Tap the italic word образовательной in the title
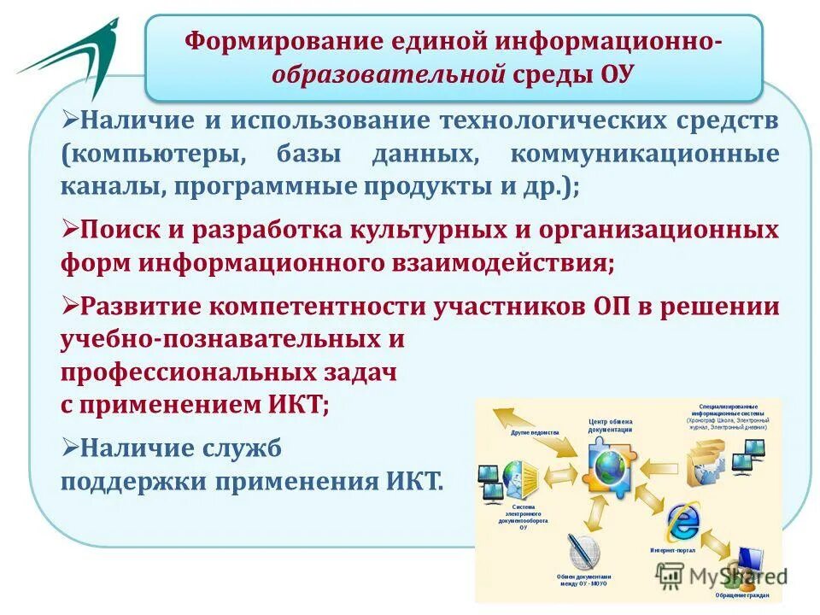(x=389, y=73)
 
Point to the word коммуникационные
(x=644, y=155)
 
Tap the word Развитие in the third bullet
(x=139, y=307)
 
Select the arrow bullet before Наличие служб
(x=69, y=445)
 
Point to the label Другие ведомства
(x=535, y=433)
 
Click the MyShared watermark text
(x=735, y=577)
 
